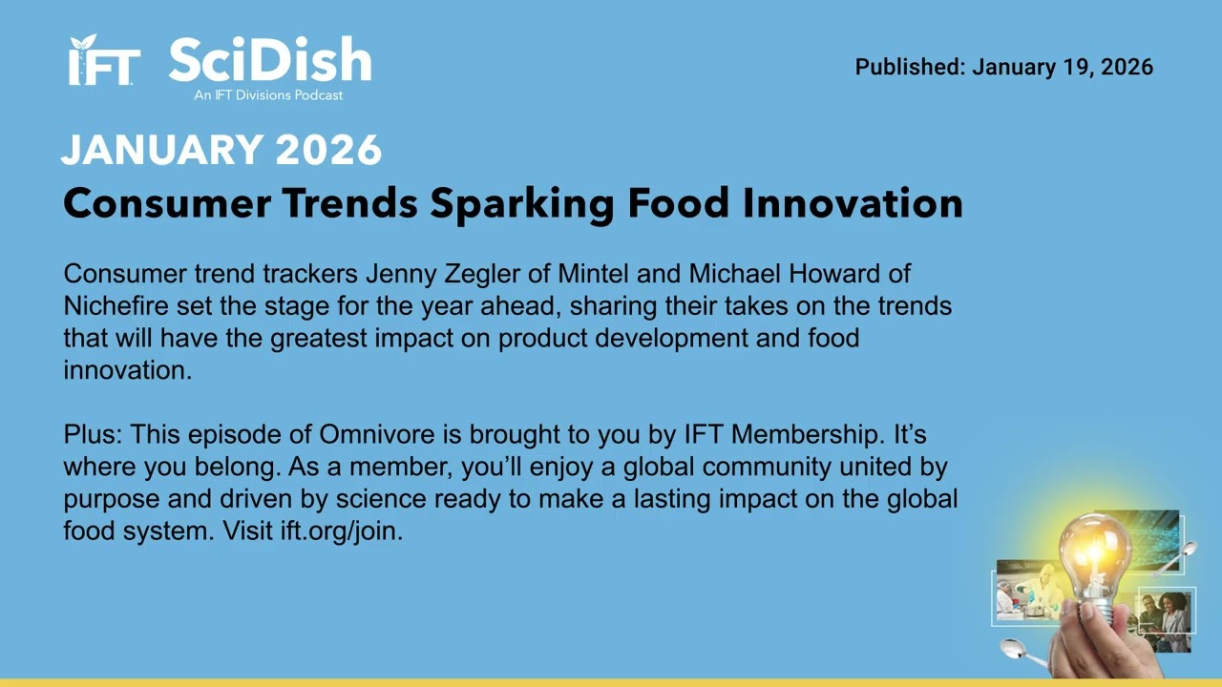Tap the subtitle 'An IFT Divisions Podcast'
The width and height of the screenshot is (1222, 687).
(268, 95)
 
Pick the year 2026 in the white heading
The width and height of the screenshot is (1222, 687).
(328, 150)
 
